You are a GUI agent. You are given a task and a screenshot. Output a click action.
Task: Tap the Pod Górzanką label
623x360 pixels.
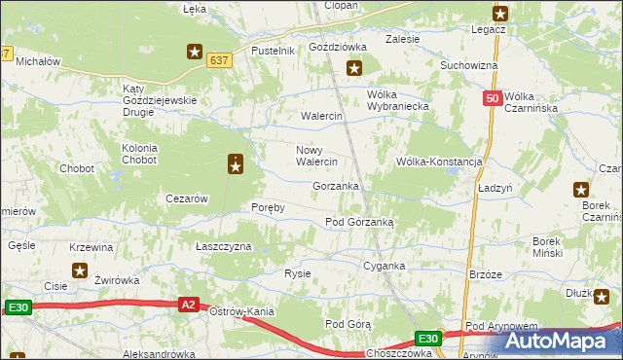pyautogui.click(x=358, y=222)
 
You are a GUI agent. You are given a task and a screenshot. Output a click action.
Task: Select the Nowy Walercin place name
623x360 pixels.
pyautogui.click(x=316, y=156)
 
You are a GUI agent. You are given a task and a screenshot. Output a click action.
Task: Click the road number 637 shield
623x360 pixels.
pyautogui.click(x=219, y=60)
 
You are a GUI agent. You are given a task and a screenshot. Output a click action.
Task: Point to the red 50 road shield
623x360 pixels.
pyautogui.click(x=493, y=98)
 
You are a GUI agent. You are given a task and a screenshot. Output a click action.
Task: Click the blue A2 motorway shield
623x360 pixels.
pyautogui.click(x=190, y=305)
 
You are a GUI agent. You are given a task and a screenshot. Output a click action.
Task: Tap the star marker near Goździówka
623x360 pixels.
pyautogui.click(x=354, y=68)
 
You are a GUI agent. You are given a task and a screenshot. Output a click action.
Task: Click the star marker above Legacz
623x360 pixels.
pyautogui.click(x=500, y=13)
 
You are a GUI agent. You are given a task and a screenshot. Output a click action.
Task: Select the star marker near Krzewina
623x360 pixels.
pyautogui.click(x=80, y=270)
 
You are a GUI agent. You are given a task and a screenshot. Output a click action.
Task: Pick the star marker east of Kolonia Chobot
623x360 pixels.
pyautogui.click(x=236, y=165)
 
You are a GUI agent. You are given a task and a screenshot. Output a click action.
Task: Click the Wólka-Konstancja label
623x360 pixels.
pyautogui.click(x=439, y=162)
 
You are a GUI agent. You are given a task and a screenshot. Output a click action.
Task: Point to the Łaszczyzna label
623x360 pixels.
pyautogui.click(x=224, y=247)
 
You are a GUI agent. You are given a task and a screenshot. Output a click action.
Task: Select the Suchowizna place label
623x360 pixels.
pyautogui.click(x=469, y=65)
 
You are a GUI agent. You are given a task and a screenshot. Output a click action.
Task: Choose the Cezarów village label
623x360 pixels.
pyautogui.click(x=187, y=198)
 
